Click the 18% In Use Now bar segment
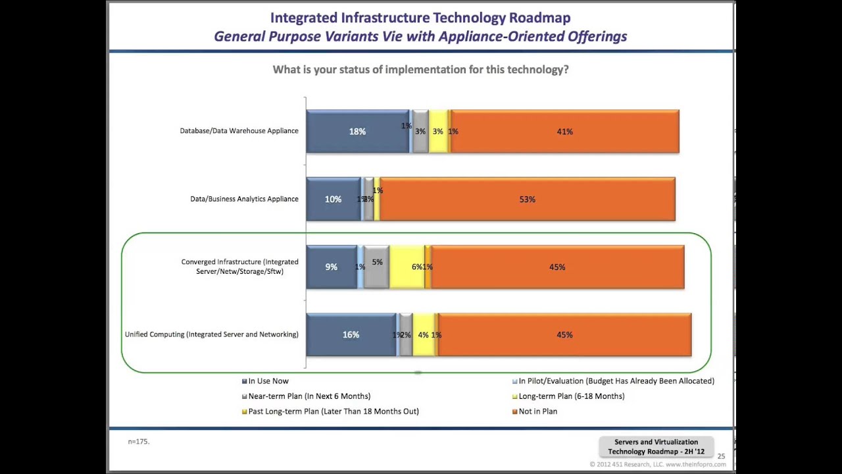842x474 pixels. pos(357,132)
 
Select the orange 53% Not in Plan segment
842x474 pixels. pos(527,199)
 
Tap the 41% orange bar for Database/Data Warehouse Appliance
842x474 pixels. pos(564,132)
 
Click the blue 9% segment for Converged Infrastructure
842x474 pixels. pos(331,267)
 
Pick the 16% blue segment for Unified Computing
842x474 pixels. pos(351,334)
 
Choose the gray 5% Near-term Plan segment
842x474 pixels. pos(376,267)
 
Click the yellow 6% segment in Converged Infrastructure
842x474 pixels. pos(407,267)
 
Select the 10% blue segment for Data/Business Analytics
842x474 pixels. pos(333,199)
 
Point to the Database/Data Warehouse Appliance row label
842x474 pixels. pos(239,131)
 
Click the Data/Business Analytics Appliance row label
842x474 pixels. pos(244,199)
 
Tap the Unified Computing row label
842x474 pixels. pos(211,334)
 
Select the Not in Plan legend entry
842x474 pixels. pos(537,411)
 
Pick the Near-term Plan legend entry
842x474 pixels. pos(309,396)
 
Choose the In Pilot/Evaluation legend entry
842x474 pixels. pos(616,381)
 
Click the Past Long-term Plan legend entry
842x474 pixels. pos(333,411)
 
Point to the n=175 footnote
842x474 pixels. pos(139,442)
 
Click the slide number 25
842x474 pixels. pos(721,456)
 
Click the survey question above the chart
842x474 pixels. pos(420,70)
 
